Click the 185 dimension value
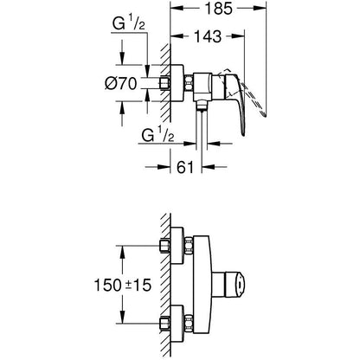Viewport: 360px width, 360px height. (x=219, y=9)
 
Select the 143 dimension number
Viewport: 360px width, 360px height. (x=208, y=36)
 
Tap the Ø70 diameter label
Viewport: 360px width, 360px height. (x=120, y=84)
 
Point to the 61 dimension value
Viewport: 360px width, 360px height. (x=185, y=167)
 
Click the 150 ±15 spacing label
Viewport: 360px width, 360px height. (x=123, y=285)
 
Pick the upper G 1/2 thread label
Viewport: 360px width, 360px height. (x=128, y=24)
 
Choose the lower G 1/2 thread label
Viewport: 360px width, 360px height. (x=157, y=135)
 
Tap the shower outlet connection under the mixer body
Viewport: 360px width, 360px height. (x=202, y=106)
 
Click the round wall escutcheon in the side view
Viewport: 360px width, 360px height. (x=177, y=83)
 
